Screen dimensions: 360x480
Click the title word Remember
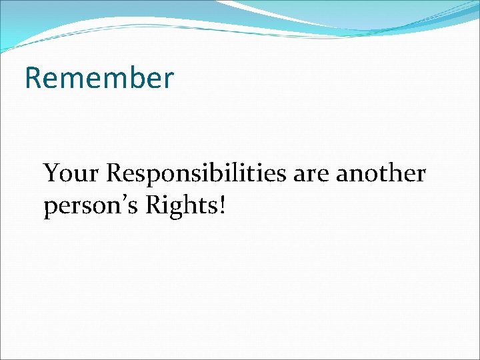tap(99, 78)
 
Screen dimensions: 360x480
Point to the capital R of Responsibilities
tap(116, 173)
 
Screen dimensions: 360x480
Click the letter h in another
tap(399, 173)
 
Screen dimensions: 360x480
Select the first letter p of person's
tap(50, 209)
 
